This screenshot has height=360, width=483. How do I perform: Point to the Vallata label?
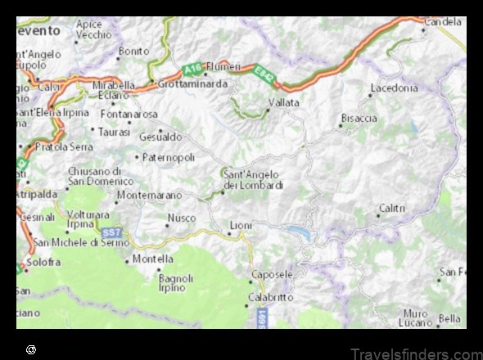[x=283, y=103]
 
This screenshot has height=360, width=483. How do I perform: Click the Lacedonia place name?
[x=394, y=87]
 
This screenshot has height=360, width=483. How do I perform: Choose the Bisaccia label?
[x=360, y=118]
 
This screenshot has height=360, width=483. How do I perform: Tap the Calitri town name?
[x=392, y=208]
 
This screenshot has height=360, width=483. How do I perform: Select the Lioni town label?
[x=241, y=224]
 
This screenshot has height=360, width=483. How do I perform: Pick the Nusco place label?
[x=182, y=218]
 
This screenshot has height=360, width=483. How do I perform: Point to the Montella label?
[x=153, y=259]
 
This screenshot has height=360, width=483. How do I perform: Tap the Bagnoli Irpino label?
[x=175, y=282]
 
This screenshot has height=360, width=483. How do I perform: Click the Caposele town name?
[x=273, y=274]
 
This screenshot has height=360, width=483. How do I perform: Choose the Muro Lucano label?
[x=416, y=317]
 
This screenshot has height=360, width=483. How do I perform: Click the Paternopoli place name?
[x=169, y=156]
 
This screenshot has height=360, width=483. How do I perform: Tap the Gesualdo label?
[x=160, y=137]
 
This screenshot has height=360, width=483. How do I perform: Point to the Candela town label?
[x=445, y=22]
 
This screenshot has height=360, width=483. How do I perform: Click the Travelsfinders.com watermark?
[x=417, y=353]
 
